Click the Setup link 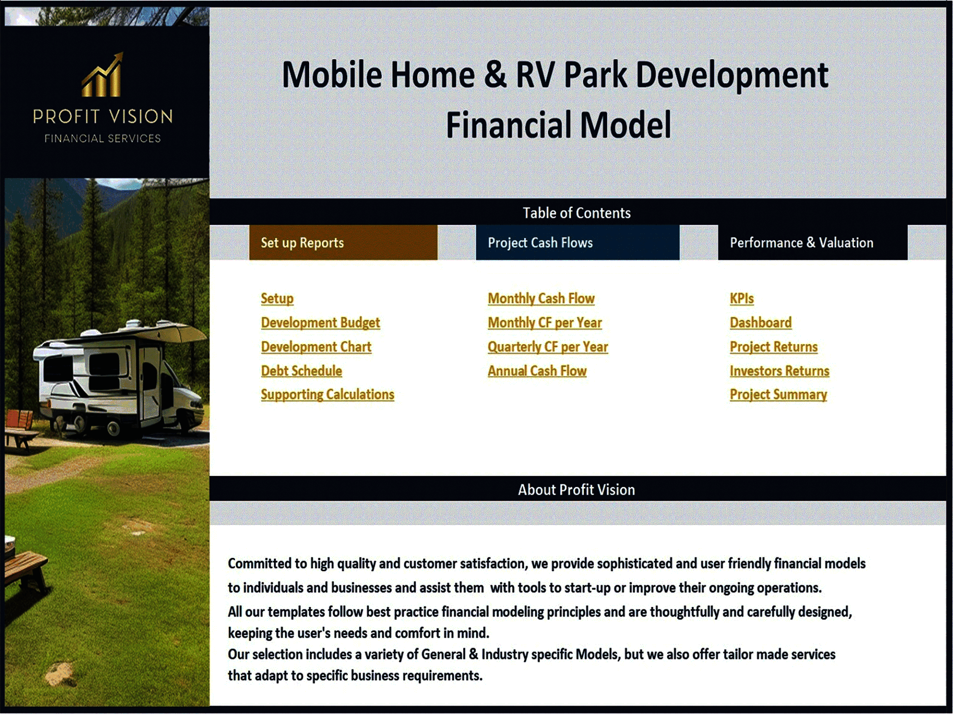click(277, 298)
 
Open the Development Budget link click(320, 323)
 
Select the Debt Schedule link click(301, 371)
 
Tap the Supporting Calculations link click(327, 395)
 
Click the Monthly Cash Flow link click(541, 298)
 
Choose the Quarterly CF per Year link click(547, 347)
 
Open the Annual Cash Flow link click(537, 371)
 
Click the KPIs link click(742, 298)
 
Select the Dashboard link click(760, 323)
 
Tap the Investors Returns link click(779, 371)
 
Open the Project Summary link click(778, 395)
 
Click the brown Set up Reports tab click(343, 242)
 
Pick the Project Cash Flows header click(577, 242)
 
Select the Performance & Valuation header click(813, 242)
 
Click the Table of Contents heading click(577, 213)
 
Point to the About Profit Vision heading click(576, 490)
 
